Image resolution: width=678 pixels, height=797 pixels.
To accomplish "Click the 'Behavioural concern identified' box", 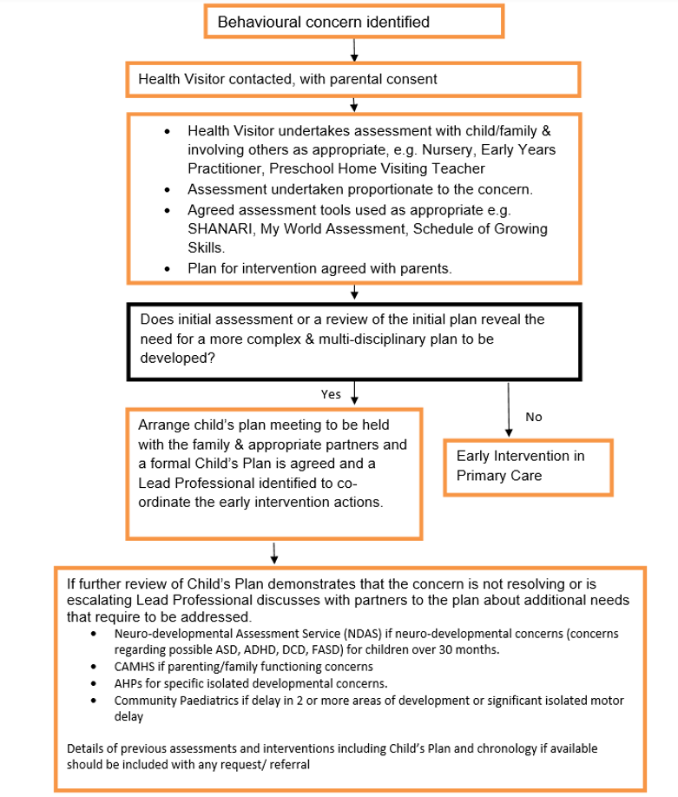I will [353, 22].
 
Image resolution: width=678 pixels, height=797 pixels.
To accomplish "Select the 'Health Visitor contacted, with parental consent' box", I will [353, 79].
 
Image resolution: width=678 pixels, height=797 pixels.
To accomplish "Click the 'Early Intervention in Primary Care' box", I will [528, 466].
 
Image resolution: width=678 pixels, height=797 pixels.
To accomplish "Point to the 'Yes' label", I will [331, 394].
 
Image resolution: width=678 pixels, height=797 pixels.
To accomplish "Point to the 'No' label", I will [534, 417].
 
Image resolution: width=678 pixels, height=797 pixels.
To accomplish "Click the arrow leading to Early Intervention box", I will [508, 408].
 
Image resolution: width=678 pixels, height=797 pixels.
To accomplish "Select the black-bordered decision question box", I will [353, 339].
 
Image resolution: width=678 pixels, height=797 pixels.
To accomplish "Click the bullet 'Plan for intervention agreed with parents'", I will [319, 268].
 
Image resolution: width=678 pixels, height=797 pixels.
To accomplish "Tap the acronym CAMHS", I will [135, 667].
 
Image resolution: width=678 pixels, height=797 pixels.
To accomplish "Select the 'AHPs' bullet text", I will [250, 683].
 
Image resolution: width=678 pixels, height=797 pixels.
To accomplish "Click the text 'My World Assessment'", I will [333, 229].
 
